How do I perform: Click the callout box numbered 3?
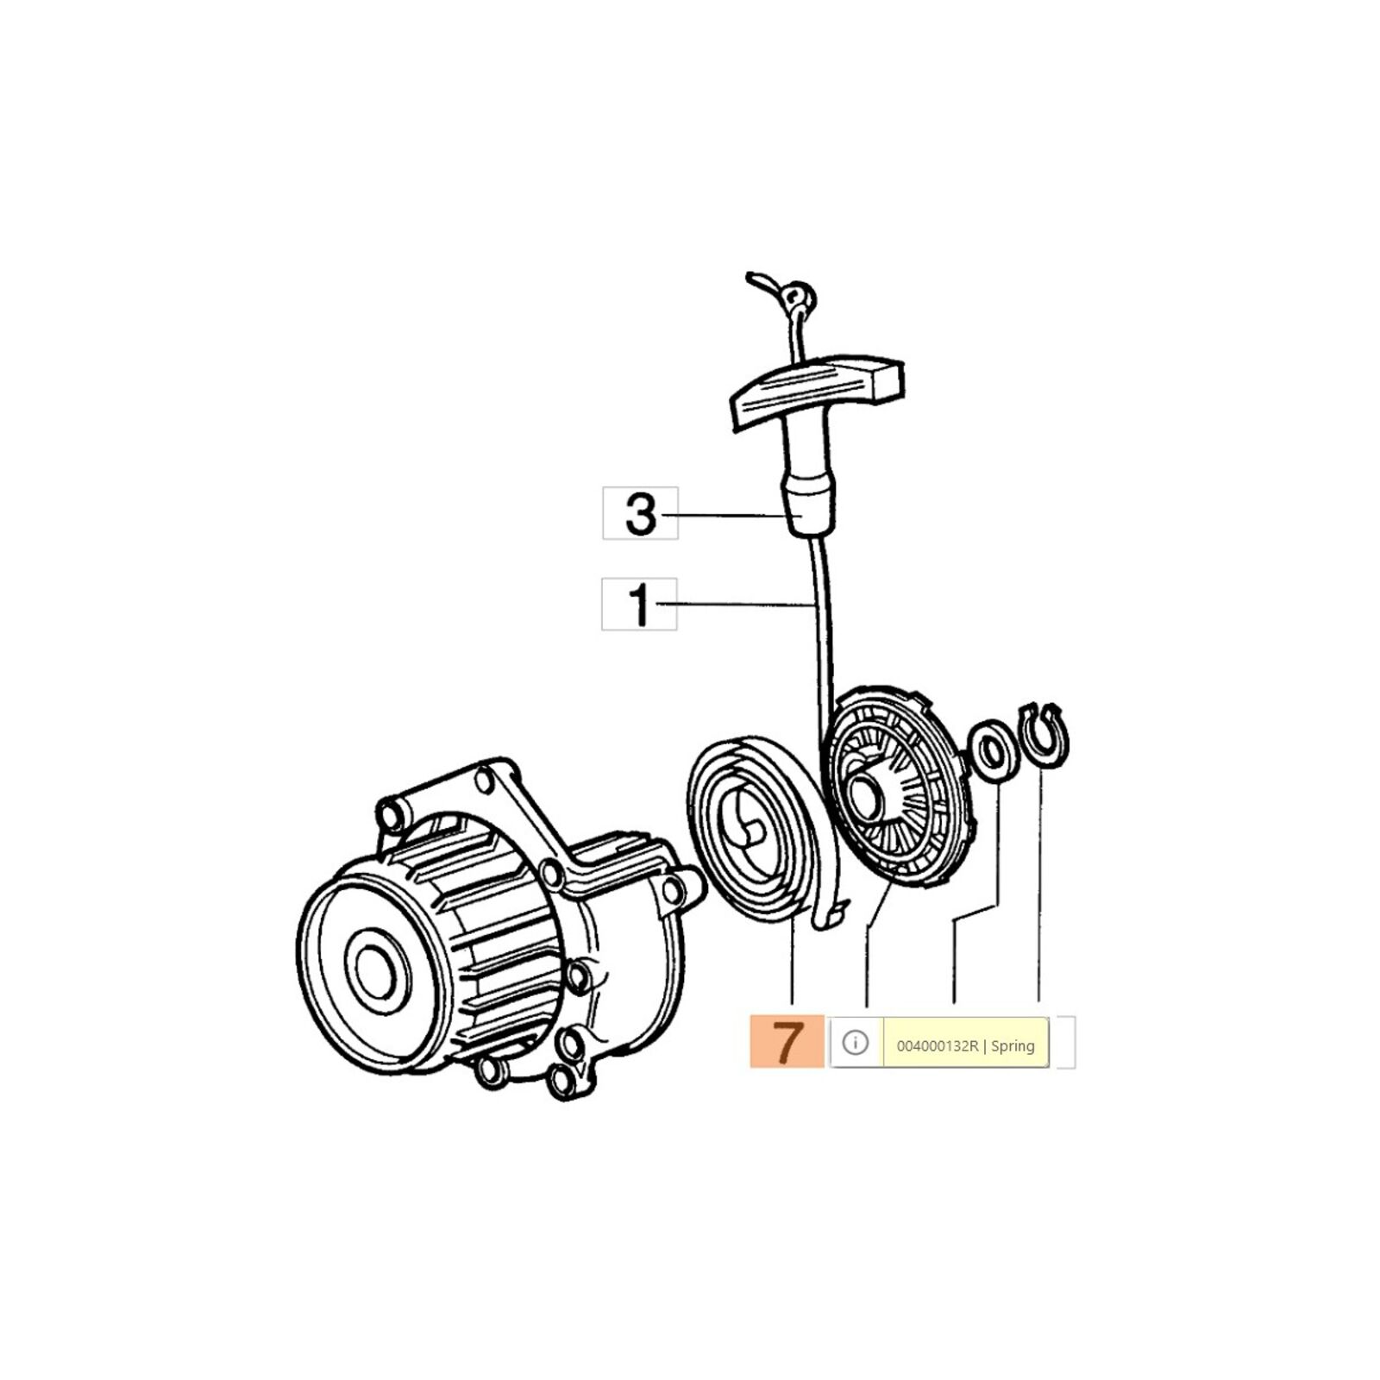click(640, 513)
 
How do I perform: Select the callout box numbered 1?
click(639, 604)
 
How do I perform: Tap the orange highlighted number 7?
click(787, 1042)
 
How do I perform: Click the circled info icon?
click(855, 1043)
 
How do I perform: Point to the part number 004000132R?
click(938, 1046)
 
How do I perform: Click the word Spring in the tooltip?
click(1013, 1046)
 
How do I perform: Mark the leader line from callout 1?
click(735, 605)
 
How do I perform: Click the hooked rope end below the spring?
click(827, 914)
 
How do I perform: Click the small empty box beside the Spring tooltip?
click(1066, 1043)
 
